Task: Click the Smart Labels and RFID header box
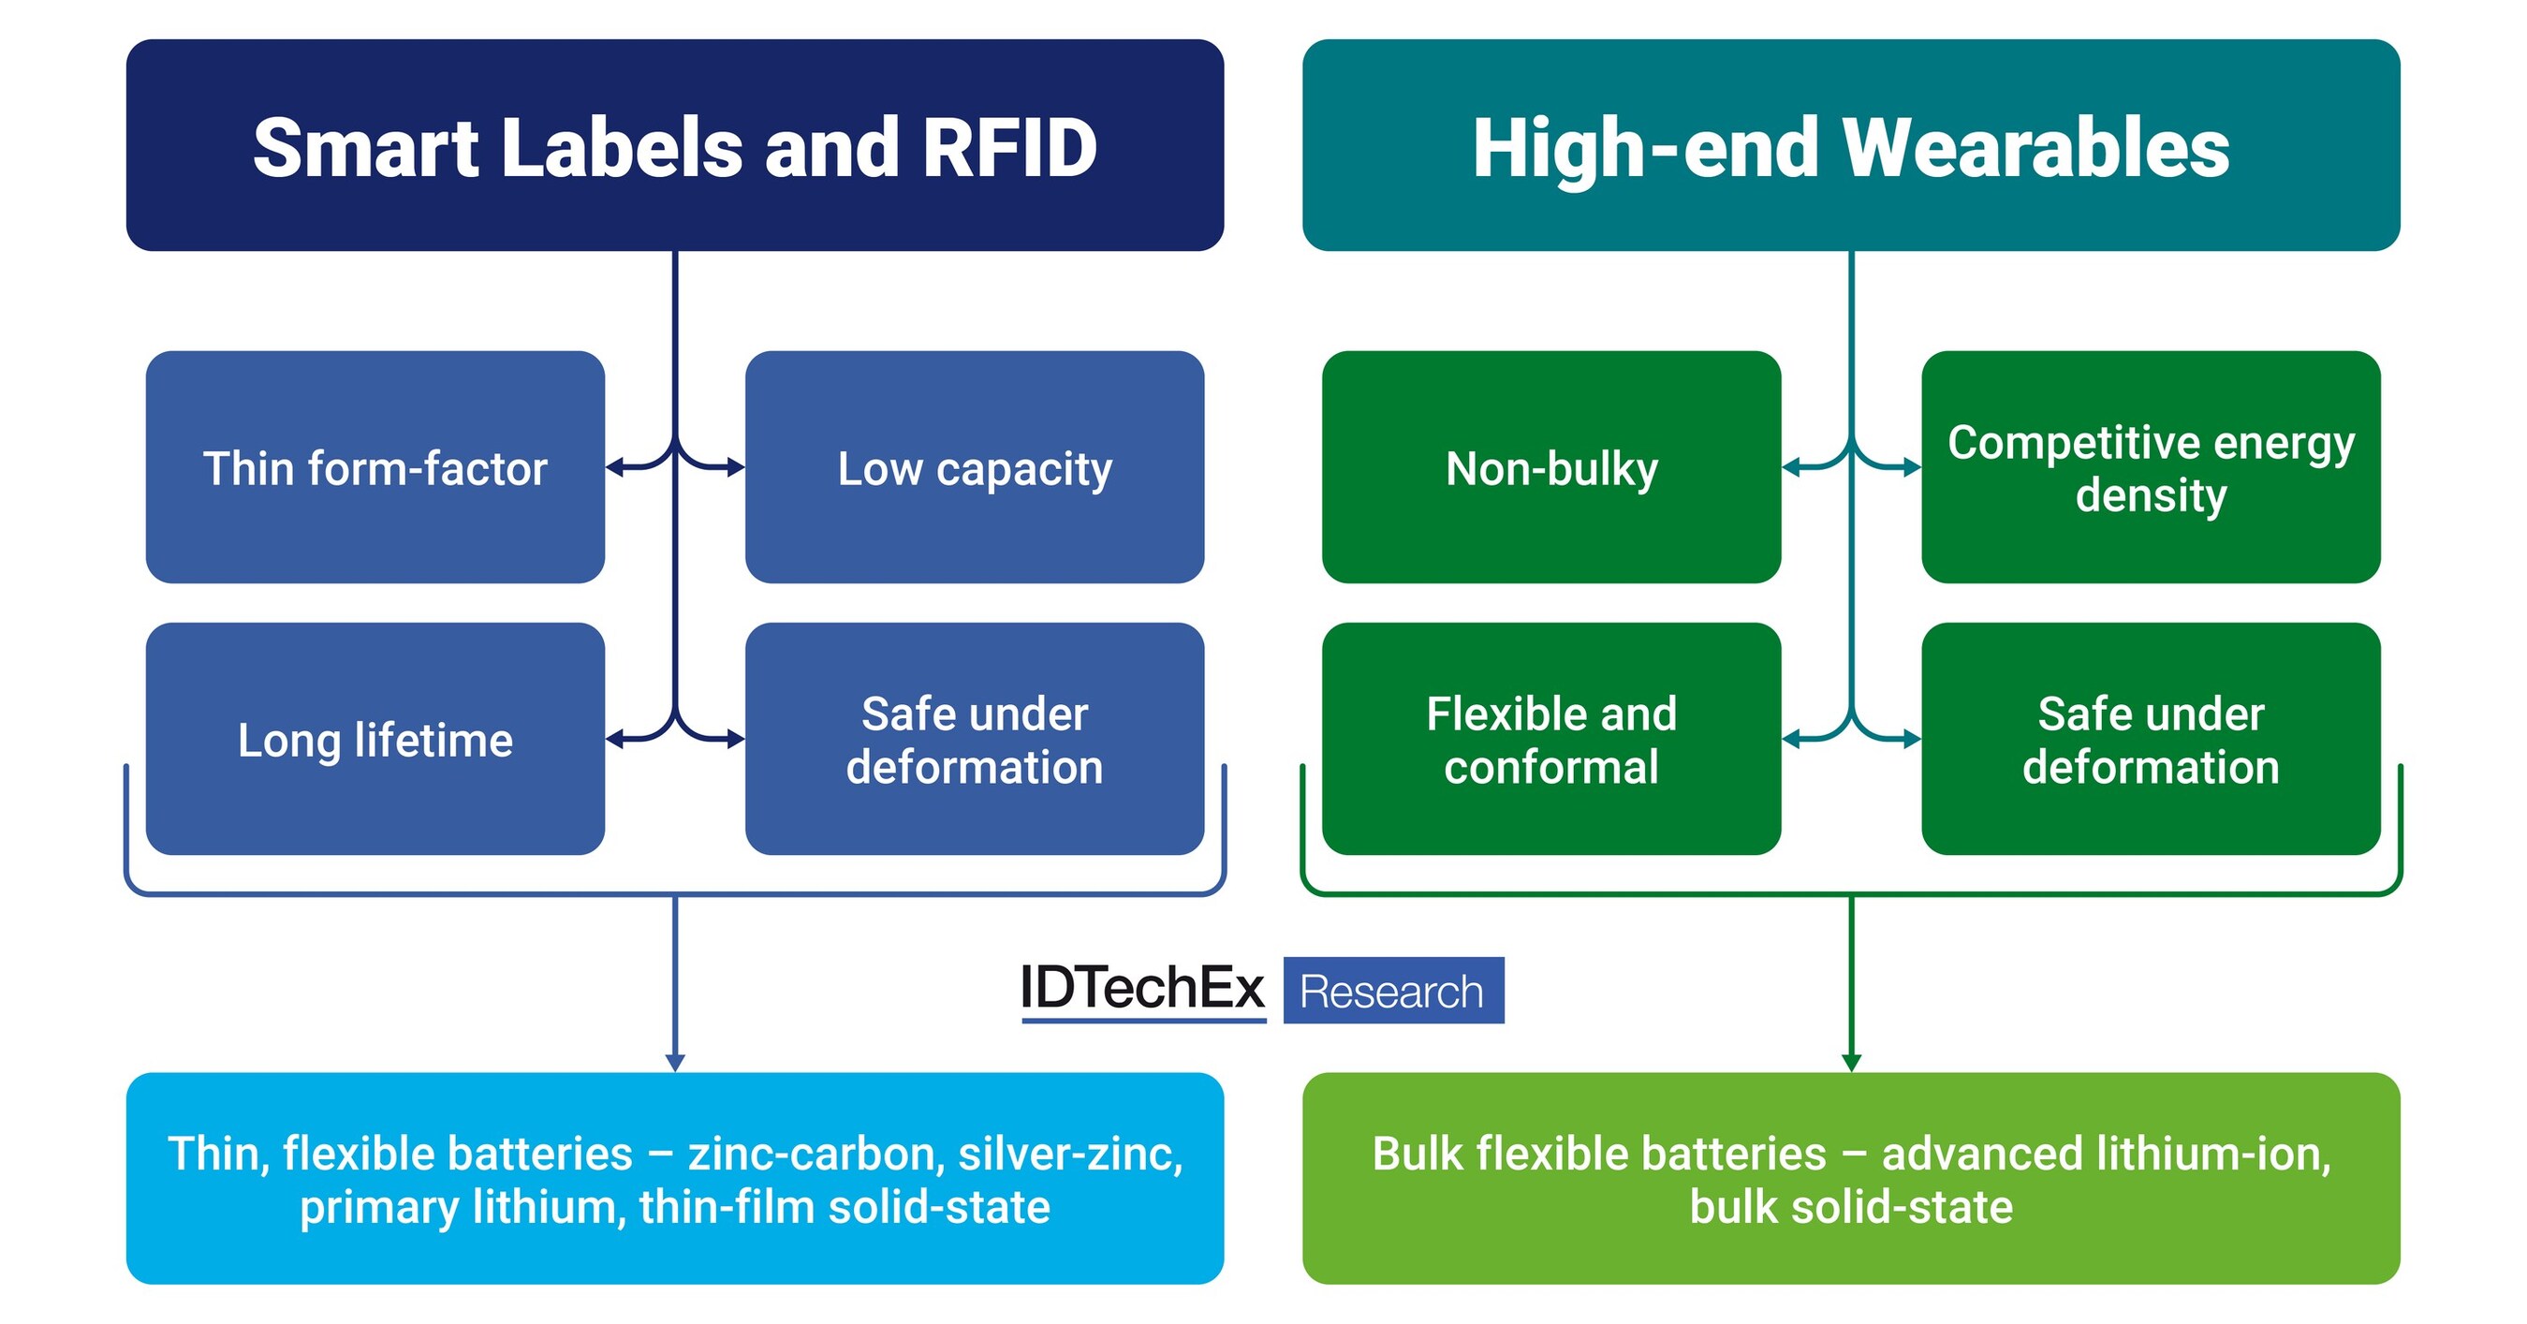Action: [675, 145]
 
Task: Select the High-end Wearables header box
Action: [1850, 145]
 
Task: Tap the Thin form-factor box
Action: [375, 467]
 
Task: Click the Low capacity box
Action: [974, 467]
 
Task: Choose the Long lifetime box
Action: [375, 739]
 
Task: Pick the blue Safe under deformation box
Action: [974, 739]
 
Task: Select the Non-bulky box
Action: [1550, 467]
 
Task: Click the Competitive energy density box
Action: [2151, 467]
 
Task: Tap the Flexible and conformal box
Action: [1550, 739]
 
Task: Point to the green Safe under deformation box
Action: [2151, 739]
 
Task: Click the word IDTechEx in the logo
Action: [1142, 988]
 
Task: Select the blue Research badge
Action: [1392, 991]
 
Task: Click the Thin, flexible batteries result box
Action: [675, 1178]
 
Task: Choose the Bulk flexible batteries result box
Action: [1850, 1178]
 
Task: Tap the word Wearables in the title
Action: [2035, 147]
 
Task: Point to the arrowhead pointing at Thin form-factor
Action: [614, 468]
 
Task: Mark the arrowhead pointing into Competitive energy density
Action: [1912, 468]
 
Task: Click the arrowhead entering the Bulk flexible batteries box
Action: [1851, 1062]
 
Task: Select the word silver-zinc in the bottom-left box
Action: [1069, 1154]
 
